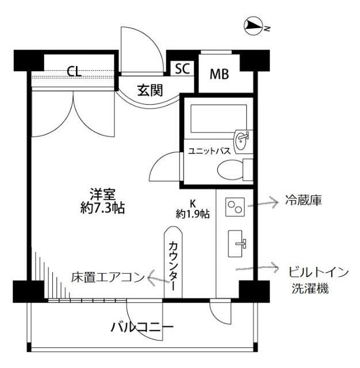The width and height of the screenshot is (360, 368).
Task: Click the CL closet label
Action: point(74,71)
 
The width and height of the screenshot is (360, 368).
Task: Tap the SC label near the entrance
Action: point(182,69)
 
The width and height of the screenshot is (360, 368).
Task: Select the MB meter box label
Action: point(219,74)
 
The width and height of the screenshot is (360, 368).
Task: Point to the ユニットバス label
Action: point(209,151)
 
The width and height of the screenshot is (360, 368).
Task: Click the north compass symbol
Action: point(254,25)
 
